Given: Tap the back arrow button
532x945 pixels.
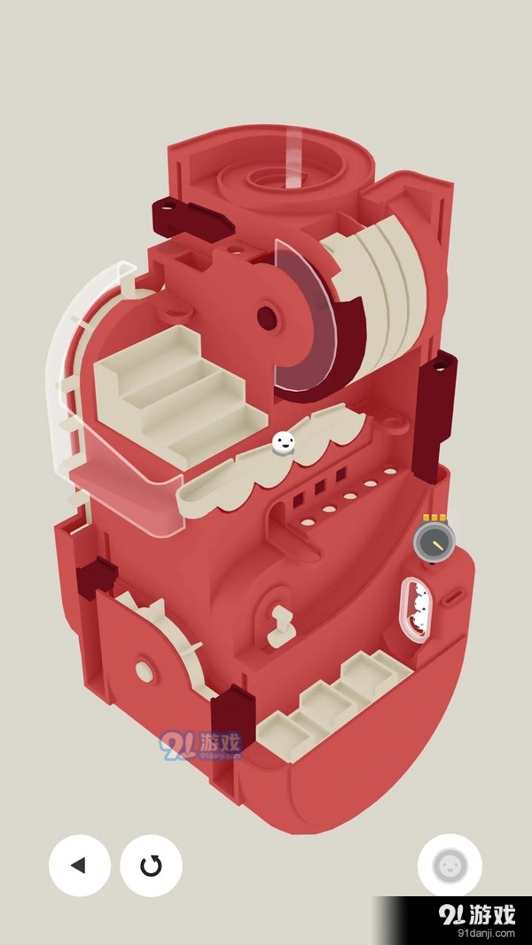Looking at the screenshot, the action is [80, 865].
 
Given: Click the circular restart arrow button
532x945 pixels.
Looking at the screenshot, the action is [152, 865].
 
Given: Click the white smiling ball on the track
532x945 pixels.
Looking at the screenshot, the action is [283, 443].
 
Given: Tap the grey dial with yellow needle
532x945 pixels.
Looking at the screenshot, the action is [434, 541].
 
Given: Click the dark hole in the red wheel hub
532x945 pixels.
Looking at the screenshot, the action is [268, 317].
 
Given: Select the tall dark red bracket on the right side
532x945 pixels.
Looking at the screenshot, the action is [437, 416].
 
